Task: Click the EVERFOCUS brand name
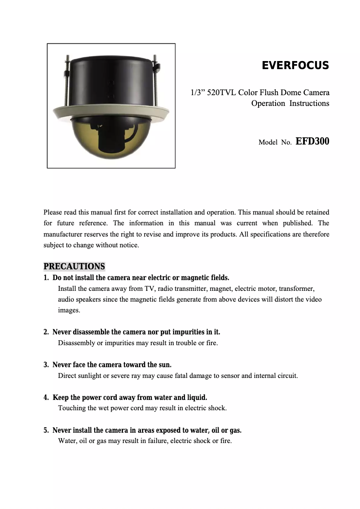[x=295, y=66]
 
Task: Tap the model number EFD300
[x=312, y=141]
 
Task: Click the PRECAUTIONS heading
[x=74, y=267]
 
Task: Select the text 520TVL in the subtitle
[x=221, y=93]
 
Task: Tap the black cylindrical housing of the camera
[x=111, y=81]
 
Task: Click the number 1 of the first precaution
[x=46, y=278]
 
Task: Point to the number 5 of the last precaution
[x=46, y=430]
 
